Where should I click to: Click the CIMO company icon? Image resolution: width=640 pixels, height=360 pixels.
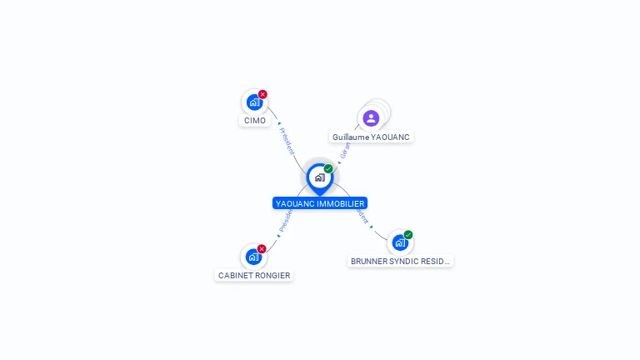pos(253,102)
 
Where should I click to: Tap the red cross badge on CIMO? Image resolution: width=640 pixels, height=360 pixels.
pos(262,94)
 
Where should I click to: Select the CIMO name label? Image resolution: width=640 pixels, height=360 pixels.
pos(255,121)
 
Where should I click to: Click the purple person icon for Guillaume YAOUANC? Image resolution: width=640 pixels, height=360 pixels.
pos(371,117)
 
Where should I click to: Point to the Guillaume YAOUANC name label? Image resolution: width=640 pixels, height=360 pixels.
pos(371,137)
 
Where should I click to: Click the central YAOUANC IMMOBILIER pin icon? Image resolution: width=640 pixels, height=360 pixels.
pos(319,177)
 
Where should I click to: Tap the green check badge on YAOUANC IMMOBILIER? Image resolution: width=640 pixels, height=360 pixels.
pos(328,169)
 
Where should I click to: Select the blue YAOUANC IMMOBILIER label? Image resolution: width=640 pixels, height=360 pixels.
pos(319,203)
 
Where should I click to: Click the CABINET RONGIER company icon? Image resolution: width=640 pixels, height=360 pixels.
pos(253,257)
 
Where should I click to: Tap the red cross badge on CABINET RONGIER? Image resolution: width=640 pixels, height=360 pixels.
pos(262,248)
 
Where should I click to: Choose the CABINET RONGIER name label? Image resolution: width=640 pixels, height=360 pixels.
pos(254,275)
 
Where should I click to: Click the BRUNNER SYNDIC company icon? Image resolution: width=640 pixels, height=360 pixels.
pos(400,242)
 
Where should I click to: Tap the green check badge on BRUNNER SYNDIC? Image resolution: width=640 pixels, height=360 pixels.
pos(408,235)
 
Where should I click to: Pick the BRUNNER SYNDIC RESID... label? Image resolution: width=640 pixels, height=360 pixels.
pos(400,261)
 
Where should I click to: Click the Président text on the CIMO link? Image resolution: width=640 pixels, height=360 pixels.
pos(287,141)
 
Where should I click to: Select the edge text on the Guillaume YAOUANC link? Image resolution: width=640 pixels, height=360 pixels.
pos(345,150)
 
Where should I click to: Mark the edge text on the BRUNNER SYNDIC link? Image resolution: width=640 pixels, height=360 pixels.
pos(362,214)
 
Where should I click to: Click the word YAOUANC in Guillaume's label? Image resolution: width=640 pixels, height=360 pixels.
pos(391,137)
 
